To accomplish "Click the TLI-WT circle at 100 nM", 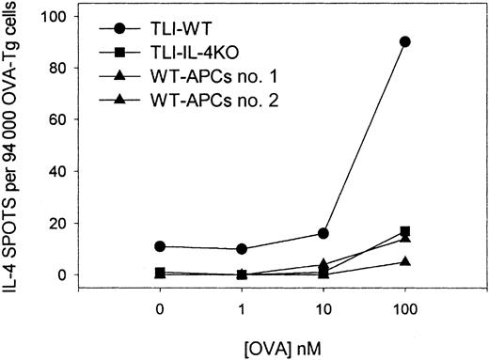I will click(404, 41).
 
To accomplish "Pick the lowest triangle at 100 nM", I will click(404, 261).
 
